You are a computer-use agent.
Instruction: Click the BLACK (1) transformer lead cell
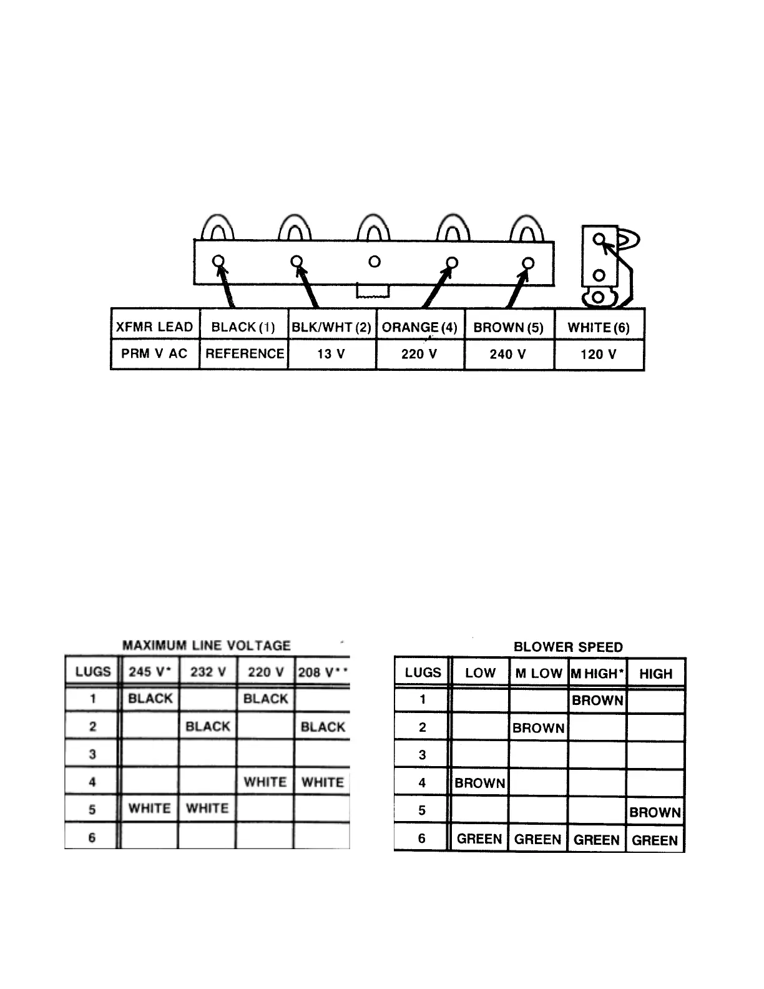point(243,327)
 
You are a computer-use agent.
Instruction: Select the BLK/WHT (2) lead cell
point(331,327)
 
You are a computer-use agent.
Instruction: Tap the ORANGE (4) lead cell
point(419,327)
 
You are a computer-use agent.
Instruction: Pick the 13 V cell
point(331,354)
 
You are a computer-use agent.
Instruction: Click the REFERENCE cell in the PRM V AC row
point(244,354)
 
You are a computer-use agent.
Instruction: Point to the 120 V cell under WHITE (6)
point(598,354)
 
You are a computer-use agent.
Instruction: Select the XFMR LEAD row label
point(155,327)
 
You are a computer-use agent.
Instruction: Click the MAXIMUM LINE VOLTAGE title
point(207,645)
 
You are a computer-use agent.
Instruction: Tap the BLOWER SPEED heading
point(568,647)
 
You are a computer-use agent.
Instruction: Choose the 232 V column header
point(207,672)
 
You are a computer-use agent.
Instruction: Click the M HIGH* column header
point(597,674)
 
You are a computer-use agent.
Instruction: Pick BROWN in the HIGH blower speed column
point(655,812)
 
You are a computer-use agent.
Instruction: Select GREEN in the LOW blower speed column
point(479,839)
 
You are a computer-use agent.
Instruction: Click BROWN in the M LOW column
point(538,728)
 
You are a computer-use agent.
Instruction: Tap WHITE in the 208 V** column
point(323,782)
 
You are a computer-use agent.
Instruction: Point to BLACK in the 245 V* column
point(150,699)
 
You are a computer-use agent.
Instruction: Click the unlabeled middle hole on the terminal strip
point(375,262)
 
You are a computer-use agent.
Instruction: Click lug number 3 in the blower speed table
point(422,755)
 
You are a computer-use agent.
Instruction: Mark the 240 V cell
point(508,354)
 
